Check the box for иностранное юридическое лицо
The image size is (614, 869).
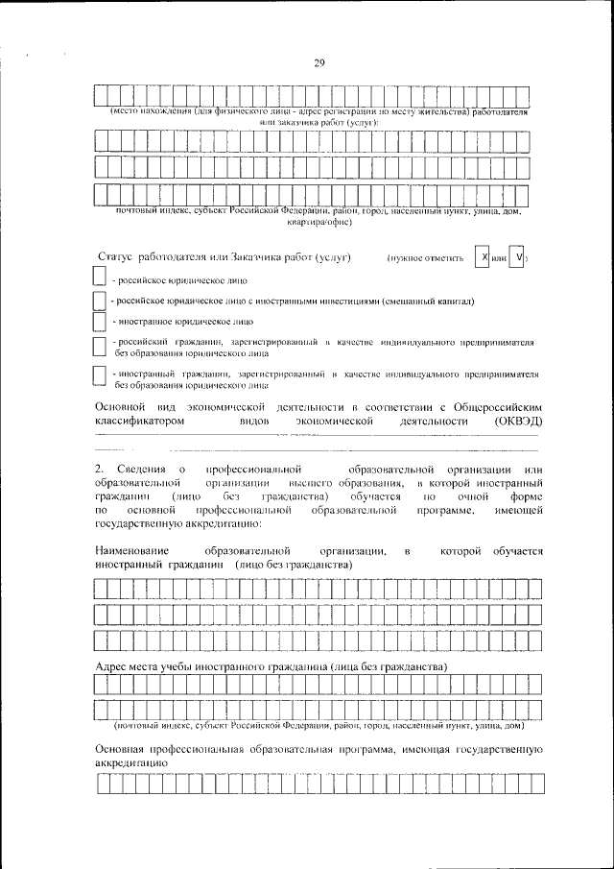(99, 321)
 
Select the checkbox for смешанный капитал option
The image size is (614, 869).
(99, 300)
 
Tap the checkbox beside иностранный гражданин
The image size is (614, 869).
(99, 376)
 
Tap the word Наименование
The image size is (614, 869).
(133, 552)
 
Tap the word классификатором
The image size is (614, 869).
(139, 421)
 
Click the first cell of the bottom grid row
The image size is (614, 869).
(103, 785)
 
